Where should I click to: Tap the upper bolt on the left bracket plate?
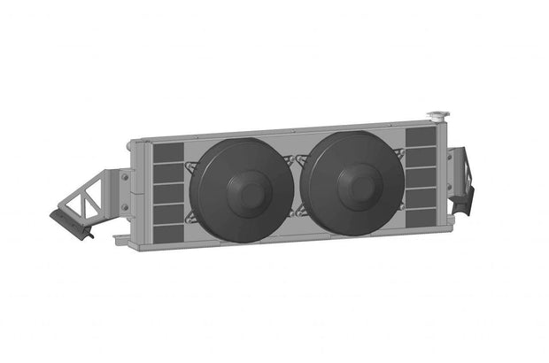(x=126, y=176)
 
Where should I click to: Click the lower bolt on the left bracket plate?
(x=126, y=208)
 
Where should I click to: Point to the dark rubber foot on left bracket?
(x=69, y=222)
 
